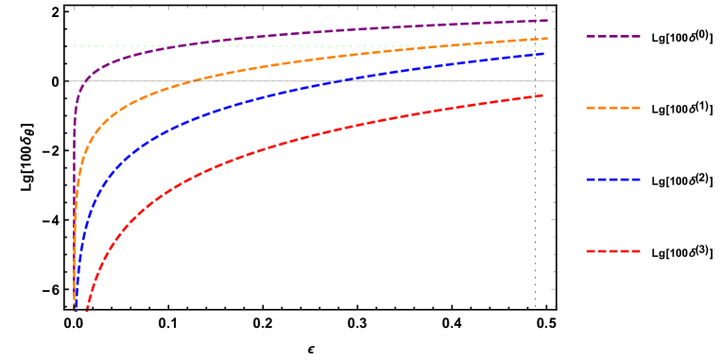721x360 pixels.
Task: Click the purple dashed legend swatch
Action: [x=612, y=37]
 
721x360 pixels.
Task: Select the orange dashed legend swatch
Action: [x=612, y=108]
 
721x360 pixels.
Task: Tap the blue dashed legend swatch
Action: [x=612, y=180]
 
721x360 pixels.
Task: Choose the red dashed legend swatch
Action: [x=612, y=251]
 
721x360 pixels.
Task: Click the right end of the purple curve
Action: [x=547, y=20]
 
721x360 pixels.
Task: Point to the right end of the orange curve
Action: [x=547, y=39]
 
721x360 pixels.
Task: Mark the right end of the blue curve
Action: [x=544, y=54]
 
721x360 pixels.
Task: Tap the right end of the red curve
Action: [x=543, y=95]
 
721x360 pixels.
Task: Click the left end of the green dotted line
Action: [x=74, y=46]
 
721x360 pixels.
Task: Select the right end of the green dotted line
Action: [x=545, y=46]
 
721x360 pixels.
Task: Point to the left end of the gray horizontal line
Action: [x=67, y=81]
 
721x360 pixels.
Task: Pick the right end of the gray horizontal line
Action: [x=555, y=81]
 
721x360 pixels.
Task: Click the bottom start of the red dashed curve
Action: [x=87, y=309]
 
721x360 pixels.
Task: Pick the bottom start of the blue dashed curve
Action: [x=77, y=309]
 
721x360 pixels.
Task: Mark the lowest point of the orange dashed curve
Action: [x=75, y=309]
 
